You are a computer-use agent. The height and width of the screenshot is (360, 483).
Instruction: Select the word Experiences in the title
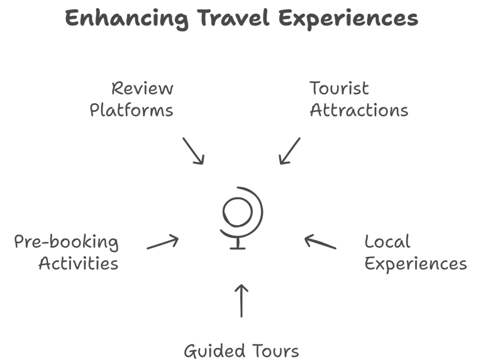(x=348, y=19)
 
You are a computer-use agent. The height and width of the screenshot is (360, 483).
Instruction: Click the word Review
(x=142, y=89)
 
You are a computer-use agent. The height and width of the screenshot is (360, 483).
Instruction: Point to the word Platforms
(x=131, y=111)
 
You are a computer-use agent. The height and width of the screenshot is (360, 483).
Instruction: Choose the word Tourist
(x=339, y=89)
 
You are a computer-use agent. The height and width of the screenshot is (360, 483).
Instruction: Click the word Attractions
(x=359, y=111)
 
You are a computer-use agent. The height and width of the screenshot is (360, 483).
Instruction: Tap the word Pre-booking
(x=66, y=242)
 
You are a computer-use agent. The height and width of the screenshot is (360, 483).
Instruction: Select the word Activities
(x=78, y=263)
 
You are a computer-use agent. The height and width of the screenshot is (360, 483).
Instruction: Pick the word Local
(x=387, y=242)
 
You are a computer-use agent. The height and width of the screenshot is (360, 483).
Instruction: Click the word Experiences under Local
(x=416, y=264)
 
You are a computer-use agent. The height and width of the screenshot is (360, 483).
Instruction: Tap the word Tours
(x=274, y=349)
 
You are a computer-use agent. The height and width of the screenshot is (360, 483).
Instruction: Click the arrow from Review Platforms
(x=194, y=151)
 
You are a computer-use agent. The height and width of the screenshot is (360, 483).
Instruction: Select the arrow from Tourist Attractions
(x=289, y=151)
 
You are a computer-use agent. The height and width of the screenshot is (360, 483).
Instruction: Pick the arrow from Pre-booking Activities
(x=163, y=242)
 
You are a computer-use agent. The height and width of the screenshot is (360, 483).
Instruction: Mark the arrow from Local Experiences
(x=320, y=242)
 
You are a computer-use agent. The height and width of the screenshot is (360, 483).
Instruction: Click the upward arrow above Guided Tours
(x=241, y=300)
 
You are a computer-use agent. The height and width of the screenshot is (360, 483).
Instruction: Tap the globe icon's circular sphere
(x=238, y=210)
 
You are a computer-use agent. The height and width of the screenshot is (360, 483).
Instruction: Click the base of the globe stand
(x=238, y=248)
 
